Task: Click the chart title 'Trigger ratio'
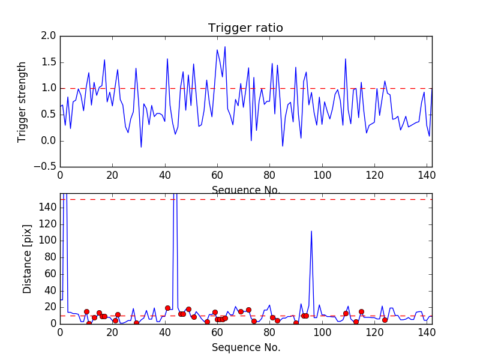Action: point(245,28)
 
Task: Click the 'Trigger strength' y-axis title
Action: point(22,101)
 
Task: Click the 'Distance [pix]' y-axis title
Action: point(28,258)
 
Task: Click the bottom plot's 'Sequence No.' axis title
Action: point(245,347)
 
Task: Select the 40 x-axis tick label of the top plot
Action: point(165,175)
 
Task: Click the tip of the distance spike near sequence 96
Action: point(311,231)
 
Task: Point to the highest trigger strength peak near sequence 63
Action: point(225,47)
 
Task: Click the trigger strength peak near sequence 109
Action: point(346,59)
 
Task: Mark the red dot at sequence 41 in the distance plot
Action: point(167,308)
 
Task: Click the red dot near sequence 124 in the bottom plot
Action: point(385,320)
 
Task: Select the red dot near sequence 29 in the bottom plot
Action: point(136,323)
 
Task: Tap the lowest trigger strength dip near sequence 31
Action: point(141,147)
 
